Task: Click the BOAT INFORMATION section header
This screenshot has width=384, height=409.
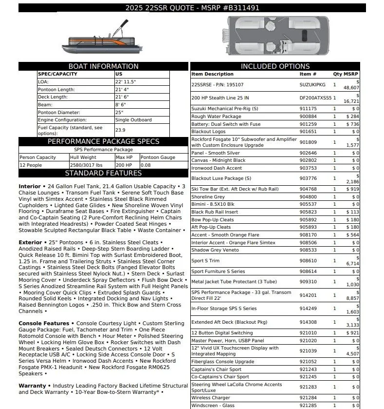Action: [x=103, y=66]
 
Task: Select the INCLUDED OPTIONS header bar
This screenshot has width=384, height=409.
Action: [x=275, y=66]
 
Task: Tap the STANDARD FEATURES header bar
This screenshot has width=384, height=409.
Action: [x=103, y=173]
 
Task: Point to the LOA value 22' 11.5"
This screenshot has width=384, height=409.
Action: [x=126, y=82]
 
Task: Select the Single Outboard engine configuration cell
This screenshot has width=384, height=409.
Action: [x=133, y=120]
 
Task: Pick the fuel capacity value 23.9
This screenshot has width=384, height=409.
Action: [x=120, y=130]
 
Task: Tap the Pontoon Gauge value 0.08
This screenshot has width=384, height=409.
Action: [x=146, y=165]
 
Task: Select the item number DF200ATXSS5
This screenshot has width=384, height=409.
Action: [x=315, y=98]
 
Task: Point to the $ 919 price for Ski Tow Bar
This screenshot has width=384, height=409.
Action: [x=352, y=189]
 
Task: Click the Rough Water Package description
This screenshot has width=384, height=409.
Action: [x=216, y=117]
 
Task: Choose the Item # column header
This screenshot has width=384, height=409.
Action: [x=308, y=74]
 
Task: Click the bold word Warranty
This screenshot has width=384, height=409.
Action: [x=32, y=386]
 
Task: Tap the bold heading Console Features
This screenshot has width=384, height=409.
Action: [x=44, y=323]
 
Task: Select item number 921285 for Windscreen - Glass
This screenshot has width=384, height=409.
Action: [x=308, y=406]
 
